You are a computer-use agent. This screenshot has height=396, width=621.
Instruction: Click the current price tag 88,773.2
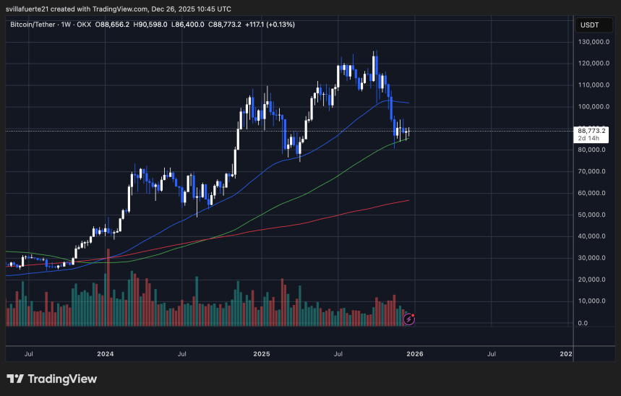point(592,130)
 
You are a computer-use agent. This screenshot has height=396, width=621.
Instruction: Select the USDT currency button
point(590,25)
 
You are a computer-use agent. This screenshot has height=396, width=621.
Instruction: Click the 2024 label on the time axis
point(106,354)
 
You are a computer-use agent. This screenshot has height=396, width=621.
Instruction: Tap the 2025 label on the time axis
point(262,354)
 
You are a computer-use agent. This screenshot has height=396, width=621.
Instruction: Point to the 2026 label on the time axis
point(414,354)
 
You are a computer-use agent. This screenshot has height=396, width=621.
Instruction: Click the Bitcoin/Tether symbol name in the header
point(35,25)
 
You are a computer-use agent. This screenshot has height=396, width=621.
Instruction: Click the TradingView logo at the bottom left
point(52,379)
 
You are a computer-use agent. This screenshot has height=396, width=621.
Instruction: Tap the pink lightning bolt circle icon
point(408,317)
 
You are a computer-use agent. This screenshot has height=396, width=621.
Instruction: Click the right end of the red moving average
point(409,200)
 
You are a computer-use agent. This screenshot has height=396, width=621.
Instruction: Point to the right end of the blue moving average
point(409,103)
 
